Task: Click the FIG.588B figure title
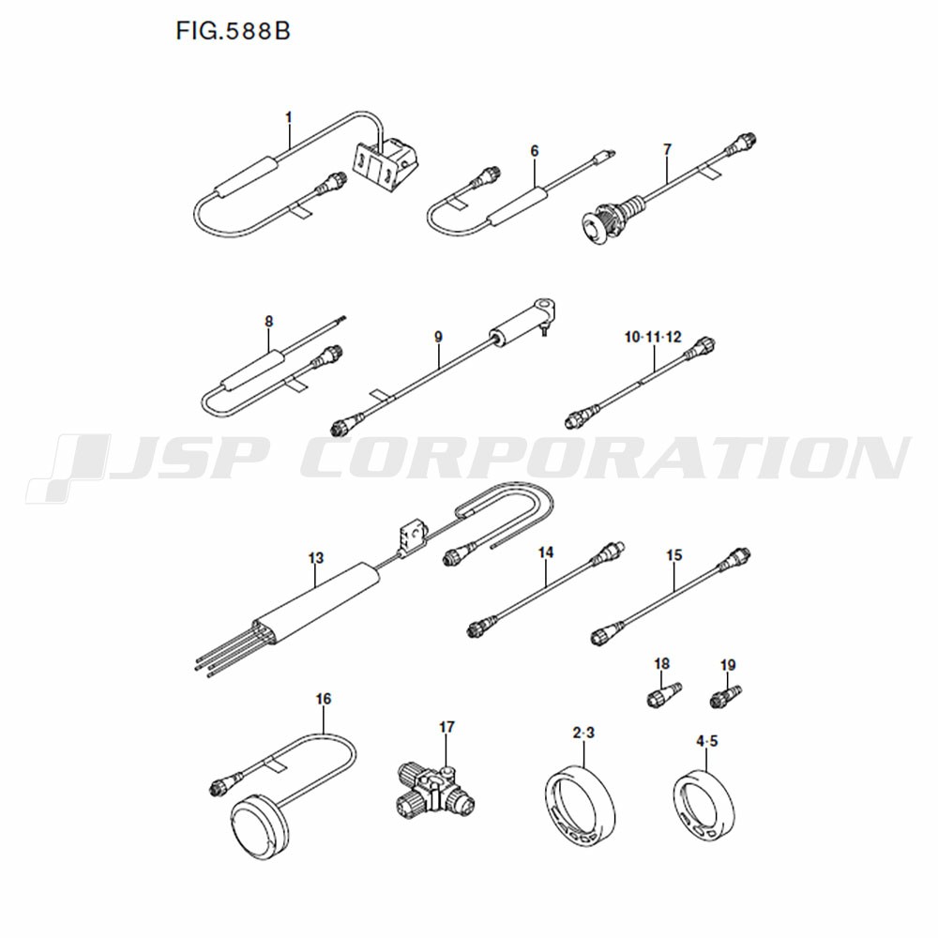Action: click(x=233, y=31)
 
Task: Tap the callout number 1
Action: click(x=289, y=117)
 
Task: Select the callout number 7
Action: click(x=668, y=149)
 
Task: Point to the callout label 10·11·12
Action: click(x=653, y=338)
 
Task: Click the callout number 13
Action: click(x=316, y=558)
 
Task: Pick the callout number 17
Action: click(x=446, y=727)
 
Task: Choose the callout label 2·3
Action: click(x=583, y=733)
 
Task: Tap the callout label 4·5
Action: click(x=706, y=742)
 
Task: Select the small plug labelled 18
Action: click(x=664, y=694)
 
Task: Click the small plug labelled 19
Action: click(x=726, y=697)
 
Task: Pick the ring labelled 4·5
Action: click(x=704, y=808)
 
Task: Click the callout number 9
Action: click(x=438, y=338)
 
